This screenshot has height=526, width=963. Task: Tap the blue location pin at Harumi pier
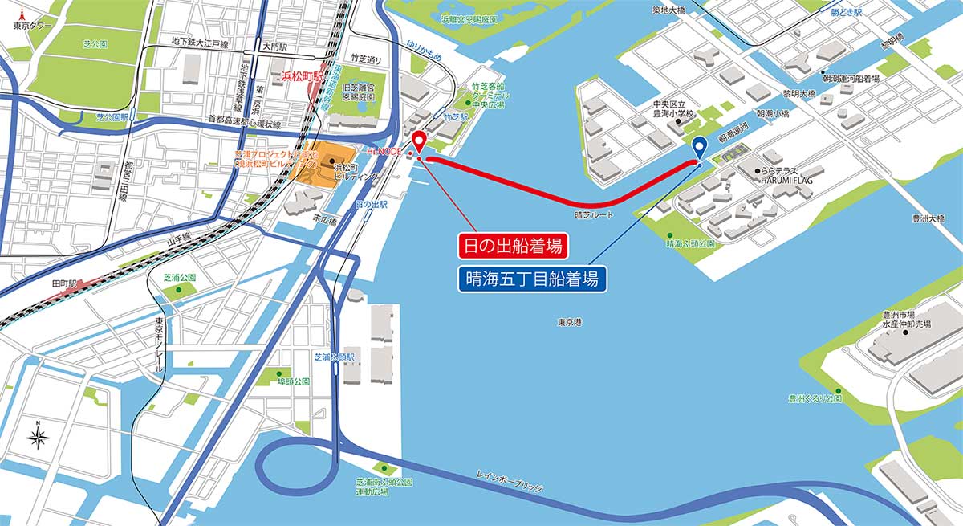click(x=698, y=148)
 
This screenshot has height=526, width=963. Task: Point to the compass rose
click(x=37, y=437)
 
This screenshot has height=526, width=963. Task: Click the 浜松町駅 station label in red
click(x=301, y=76)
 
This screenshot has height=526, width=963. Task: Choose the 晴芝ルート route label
click(x=594, y=216)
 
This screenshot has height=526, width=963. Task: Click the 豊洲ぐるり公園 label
click(x=814, y=398)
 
